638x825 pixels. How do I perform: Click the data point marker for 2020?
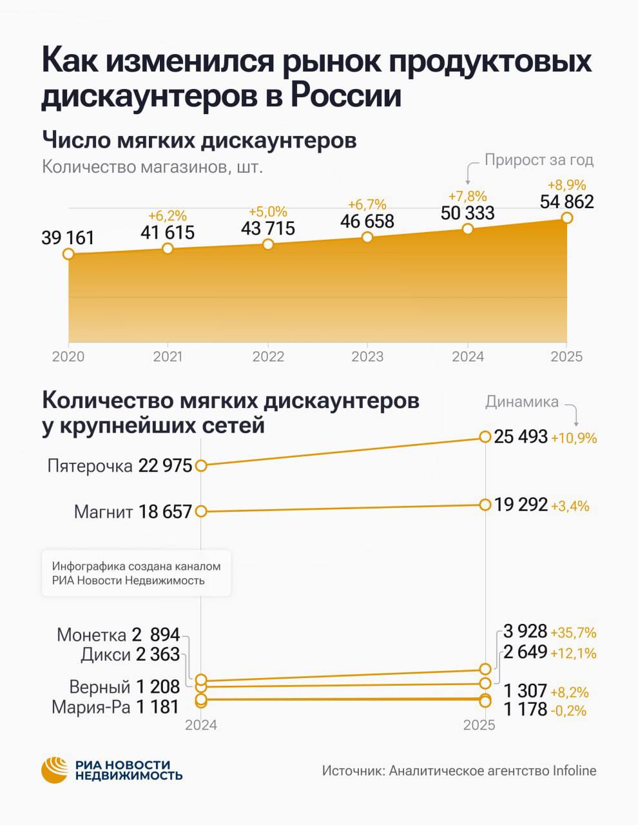[x=68, y=254]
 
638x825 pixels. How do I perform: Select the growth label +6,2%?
[x=167, y=215]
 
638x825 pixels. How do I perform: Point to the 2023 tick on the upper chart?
[x=367, y=356]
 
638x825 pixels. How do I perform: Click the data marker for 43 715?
[x=268, y=244]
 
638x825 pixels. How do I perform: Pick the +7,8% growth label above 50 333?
[x=467, y=196]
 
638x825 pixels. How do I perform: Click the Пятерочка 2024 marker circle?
[x=201, y=465]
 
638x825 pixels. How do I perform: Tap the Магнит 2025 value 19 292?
[x=521, y=505]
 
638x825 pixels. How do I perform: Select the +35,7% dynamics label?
[x=574, y=632]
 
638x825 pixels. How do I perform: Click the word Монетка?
[x=92, y=635]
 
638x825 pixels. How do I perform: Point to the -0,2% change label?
[x=568, y=711]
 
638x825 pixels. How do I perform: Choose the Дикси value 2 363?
[x=158, y=655]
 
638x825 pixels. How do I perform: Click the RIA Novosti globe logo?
[x=55, y=770]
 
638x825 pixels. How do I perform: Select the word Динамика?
[x=522, y=402]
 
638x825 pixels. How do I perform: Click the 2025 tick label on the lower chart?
[x=479, y=725]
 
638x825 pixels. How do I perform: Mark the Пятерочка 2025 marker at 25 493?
[x=485, y=437]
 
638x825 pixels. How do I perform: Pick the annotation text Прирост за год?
[x=539, y=160]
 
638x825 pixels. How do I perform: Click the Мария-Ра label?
[x=91, y=707]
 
